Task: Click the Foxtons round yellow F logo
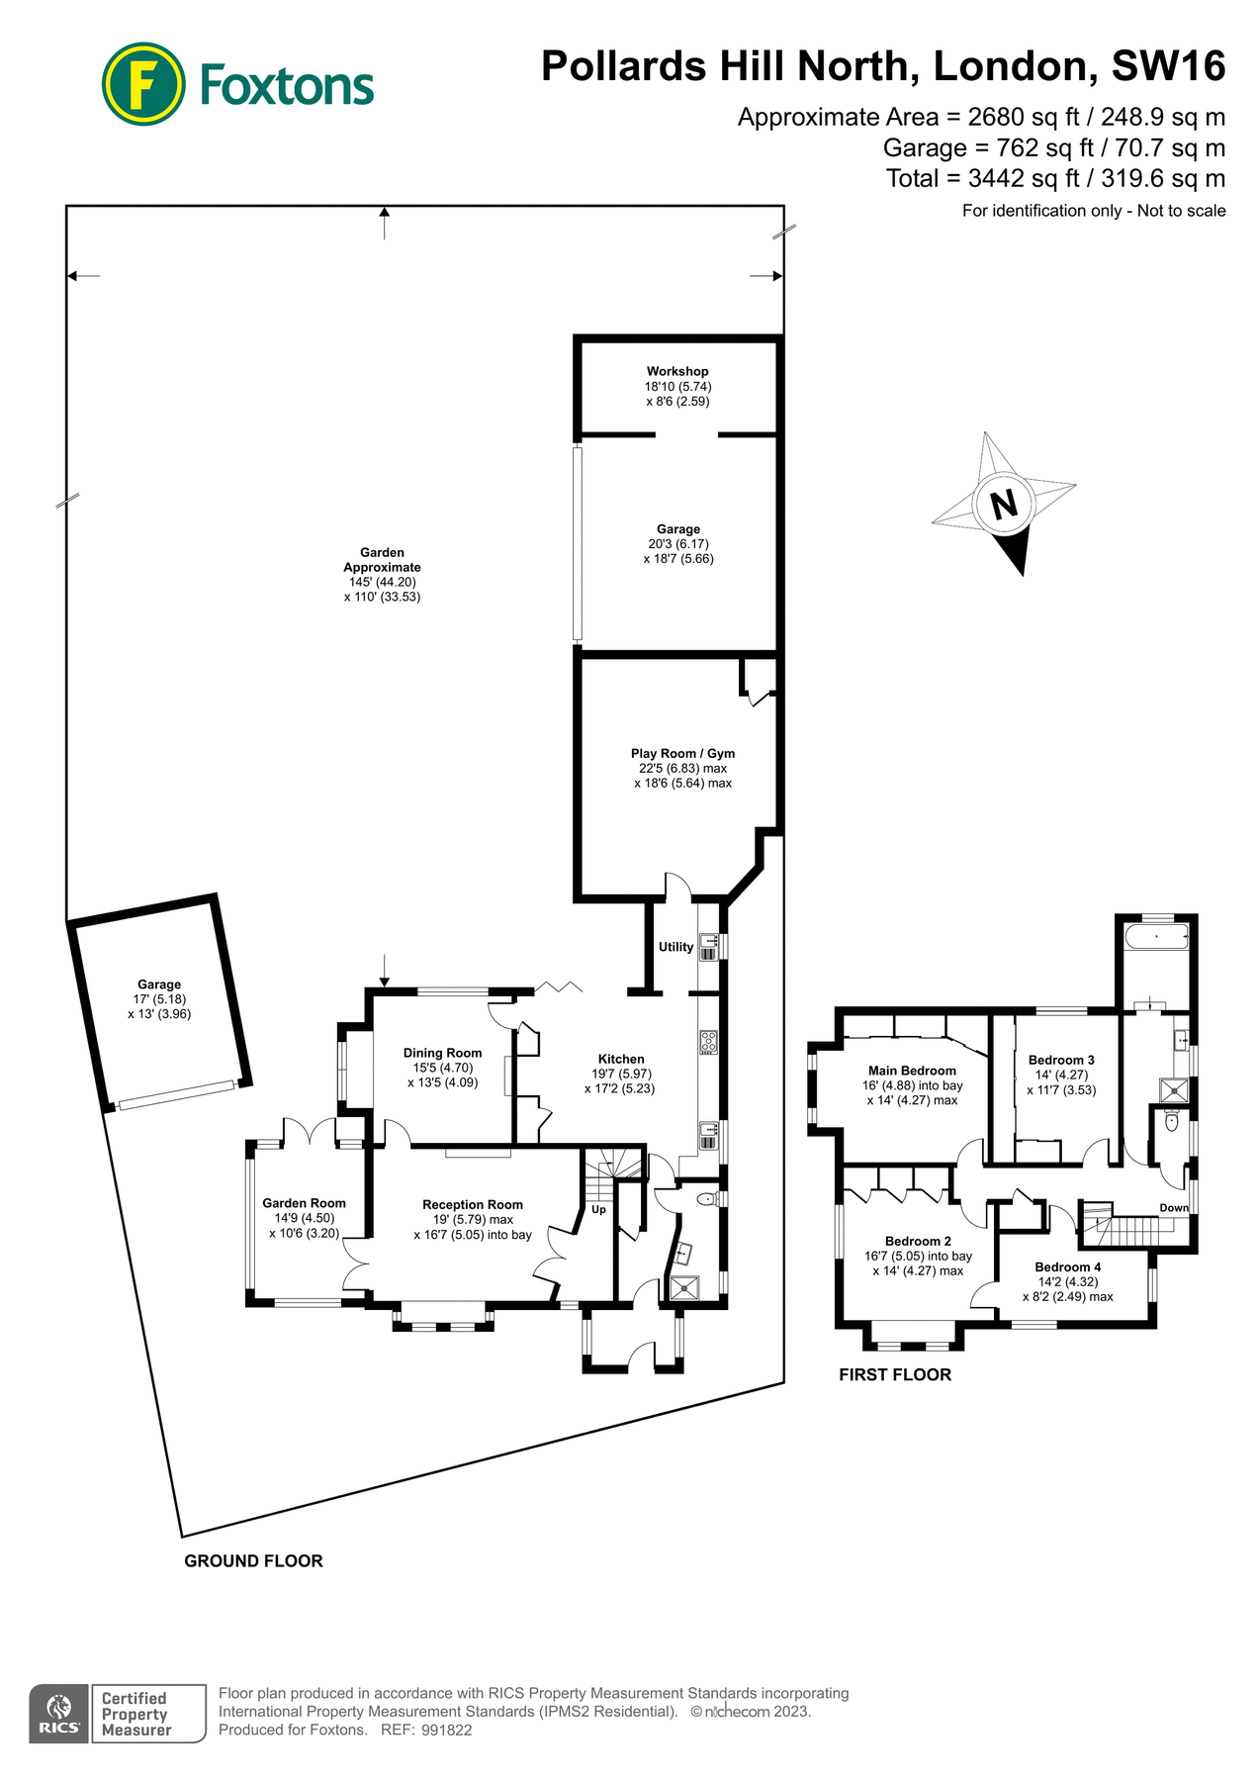[x=143, y=84]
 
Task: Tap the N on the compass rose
[x=1004, y=505]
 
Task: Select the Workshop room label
[x=677, y=371]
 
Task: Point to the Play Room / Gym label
[x=682, y=753]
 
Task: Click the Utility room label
[x=675, y=947]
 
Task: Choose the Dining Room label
[x=442, y=1053]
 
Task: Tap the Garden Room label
[x=304, y=1203]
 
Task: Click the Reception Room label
[x=472, y=1204]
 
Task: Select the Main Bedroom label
[x=912, y=1071]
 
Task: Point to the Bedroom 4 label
[x=1067, y=1266]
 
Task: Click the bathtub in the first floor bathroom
[x=1156, y=938]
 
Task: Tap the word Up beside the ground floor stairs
[x=598, y=1209]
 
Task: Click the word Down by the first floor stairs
[x=1174, y=1208]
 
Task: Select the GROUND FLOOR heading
[x=253, y=1560]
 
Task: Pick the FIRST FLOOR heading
[x=894, y=1374]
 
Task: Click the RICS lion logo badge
[x=59, y=1714]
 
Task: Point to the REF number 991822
[x=446, y=1731]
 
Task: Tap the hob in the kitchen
[x=708, y=1041]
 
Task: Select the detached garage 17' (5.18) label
[x=159, y=999]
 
